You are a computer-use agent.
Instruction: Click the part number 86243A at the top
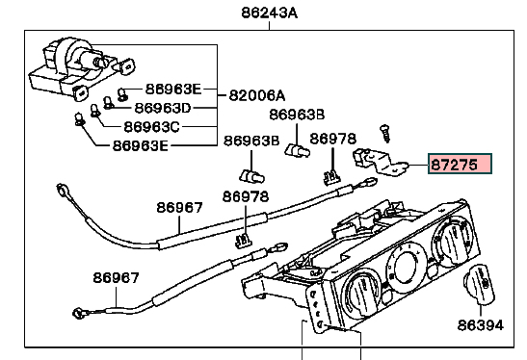coord(269,13)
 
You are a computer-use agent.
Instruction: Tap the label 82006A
coord(257,95)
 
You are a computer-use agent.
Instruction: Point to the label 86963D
coord(163,108)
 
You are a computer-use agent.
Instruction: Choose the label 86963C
coord(152,127)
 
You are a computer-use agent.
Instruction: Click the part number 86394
coord(481,325)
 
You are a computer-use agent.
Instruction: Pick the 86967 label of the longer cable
coord(180,208)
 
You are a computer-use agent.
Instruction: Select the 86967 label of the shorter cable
coord(116,278)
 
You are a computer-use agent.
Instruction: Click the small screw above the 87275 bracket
coord(385,134)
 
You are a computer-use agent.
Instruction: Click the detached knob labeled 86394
coord(479,284)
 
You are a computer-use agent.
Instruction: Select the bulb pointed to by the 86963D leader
coord(108,103)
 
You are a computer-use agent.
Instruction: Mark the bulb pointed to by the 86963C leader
coord(95,111)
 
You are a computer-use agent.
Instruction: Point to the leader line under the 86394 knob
coord(481,311)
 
